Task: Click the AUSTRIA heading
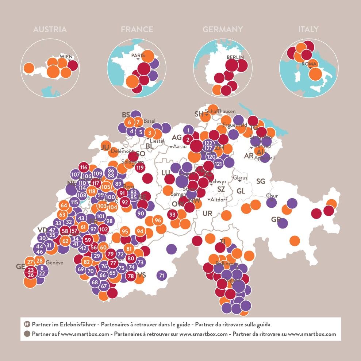[50, 30]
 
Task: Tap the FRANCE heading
[137, 30]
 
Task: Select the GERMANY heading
[223, 30]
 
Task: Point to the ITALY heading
[308, 30]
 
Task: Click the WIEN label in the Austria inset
[66, 57]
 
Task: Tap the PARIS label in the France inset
[138, 55]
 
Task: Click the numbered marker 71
[162, 276]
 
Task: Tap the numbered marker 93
[173, 215]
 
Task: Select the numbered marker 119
[140, 168]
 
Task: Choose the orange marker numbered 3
[150, 133]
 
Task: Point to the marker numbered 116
[84, 168]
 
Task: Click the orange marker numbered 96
[158, 220]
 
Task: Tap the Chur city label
[272, 196]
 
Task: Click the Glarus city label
[240, 178]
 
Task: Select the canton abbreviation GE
[20, 267]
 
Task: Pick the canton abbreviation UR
[207, 213]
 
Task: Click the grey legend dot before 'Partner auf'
[27, 334]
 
